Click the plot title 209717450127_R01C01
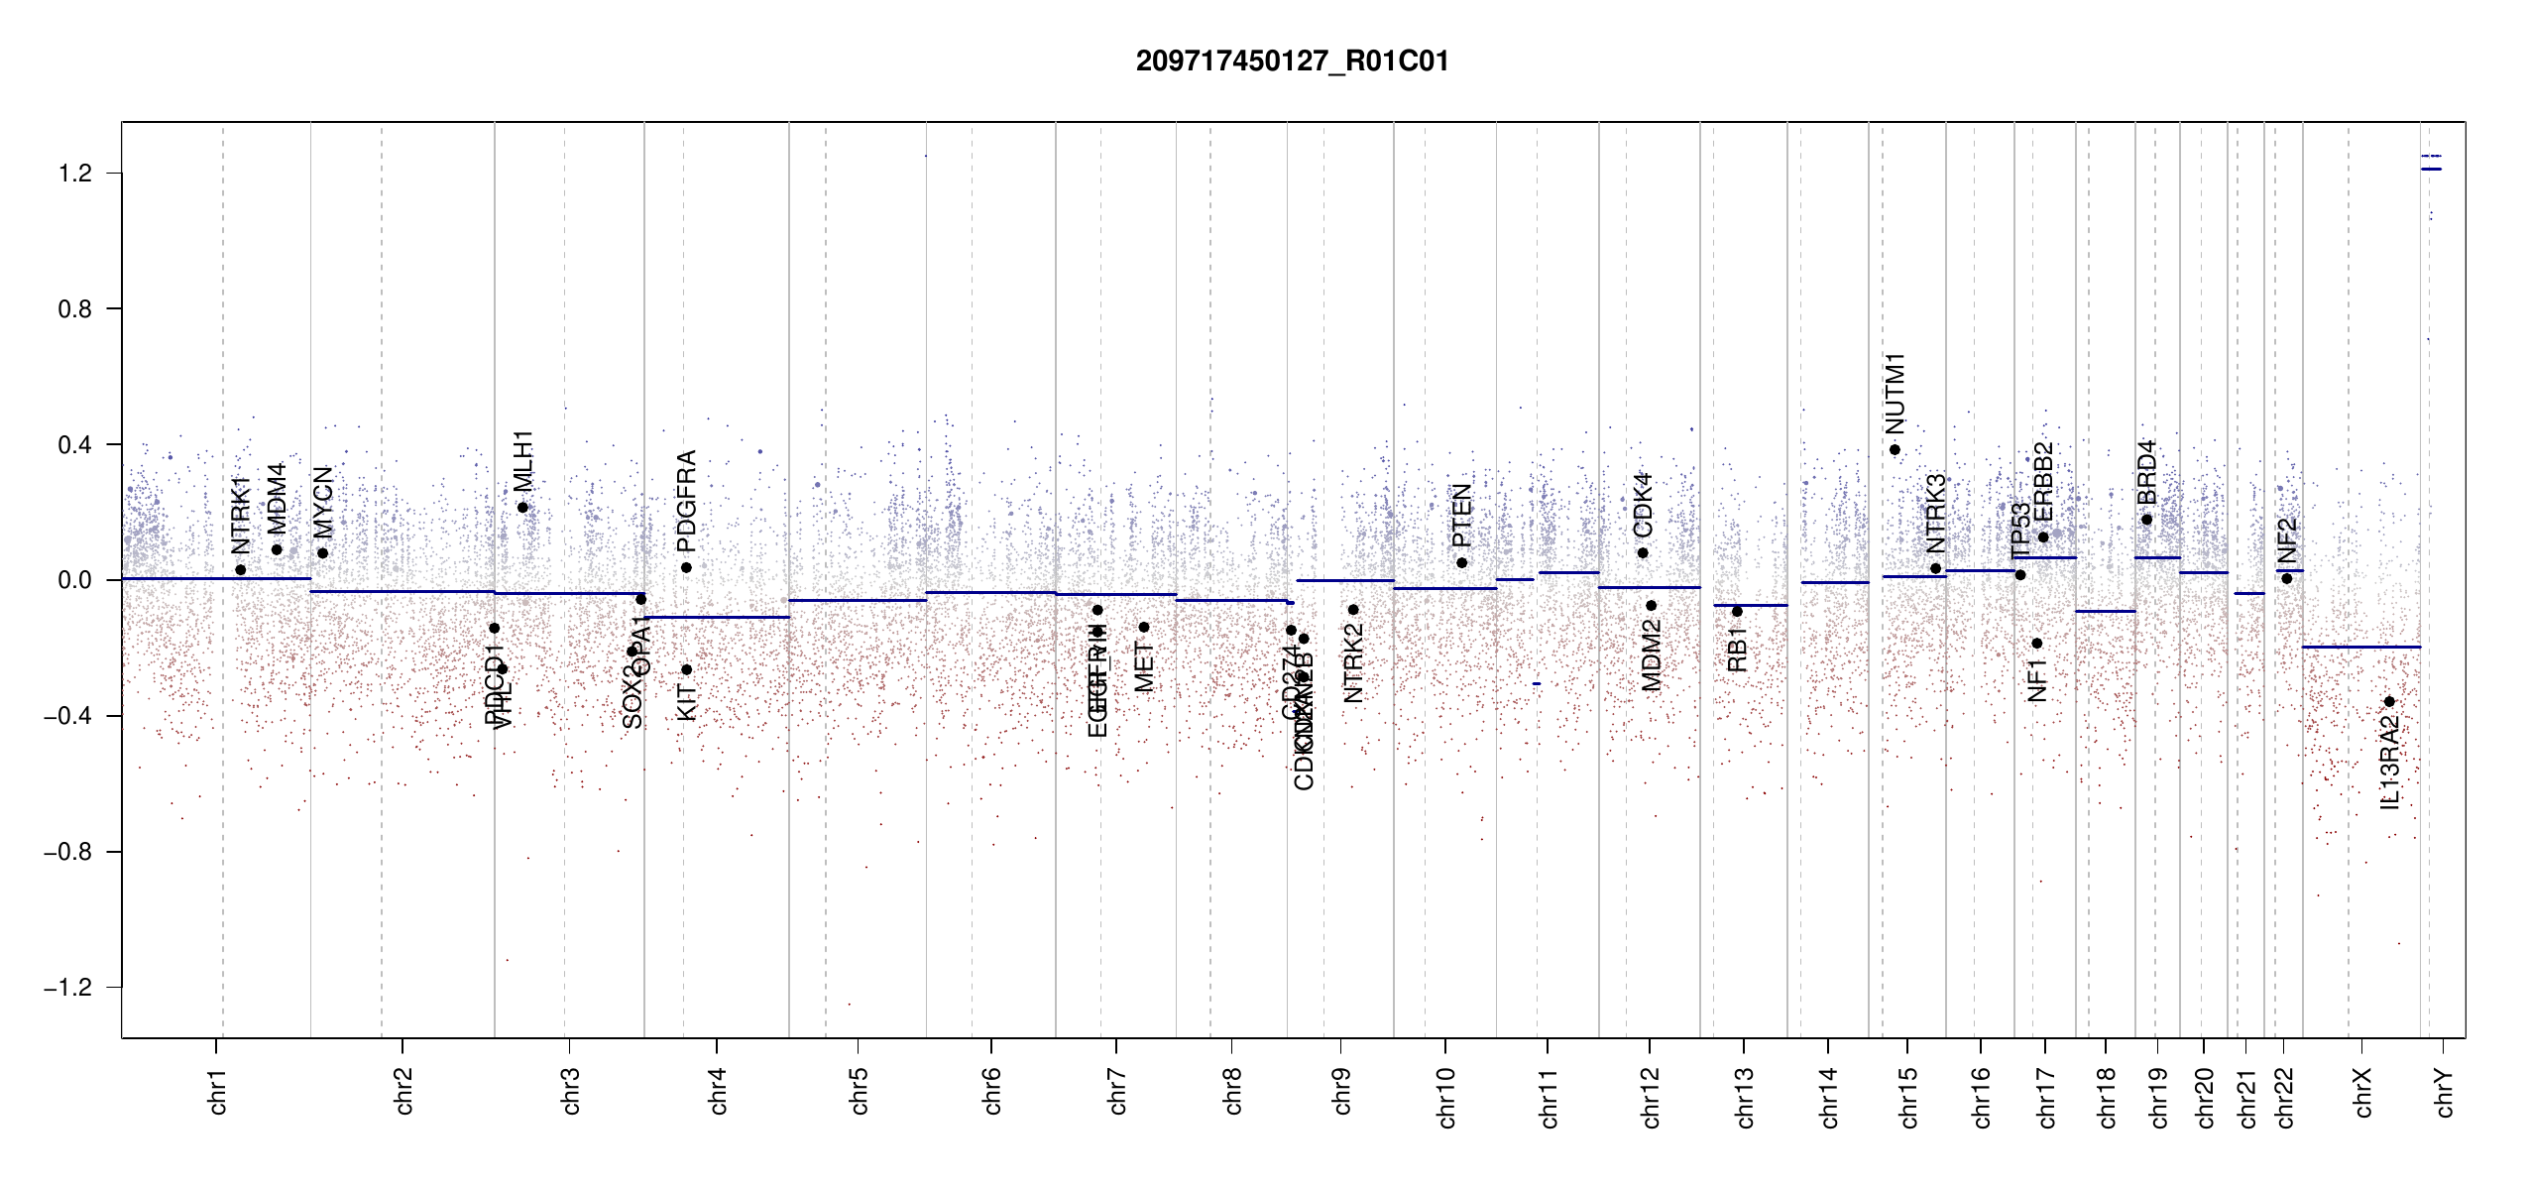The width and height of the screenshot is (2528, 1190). click(1292, 61)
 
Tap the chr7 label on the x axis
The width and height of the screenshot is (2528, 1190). click(1117, 1091)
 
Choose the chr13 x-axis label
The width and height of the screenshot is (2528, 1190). click(1745, 1097)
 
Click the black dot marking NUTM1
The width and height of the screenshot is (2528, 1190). click(1895, 450)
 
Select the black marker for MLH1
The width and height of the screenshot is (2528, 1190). click(522, 508)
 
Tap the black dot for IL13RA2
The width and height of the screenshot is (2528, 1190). click(2389, 702)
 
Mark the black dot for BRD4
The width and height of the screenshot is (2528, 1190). click(2146, 520)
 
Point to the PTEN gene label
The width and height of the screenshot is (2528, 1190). click(1461, 516)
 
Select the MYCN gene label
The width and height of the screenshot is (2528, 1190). click(323, 503)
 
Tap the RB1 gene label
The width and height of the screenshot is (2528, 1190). click(1737, 651)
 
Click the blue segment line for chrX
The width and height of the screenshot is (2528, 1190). click(2360, 648)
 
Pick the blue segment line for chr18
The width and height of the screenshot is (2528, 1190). click(2105, 612)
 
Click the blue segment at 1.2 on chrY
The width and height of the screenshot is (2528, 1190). click(2431, 170)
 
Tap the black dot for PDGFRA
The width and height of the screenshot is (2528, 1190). click(686, 568)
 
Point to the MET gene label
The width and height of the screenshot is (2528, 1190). click(1144, 667)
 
